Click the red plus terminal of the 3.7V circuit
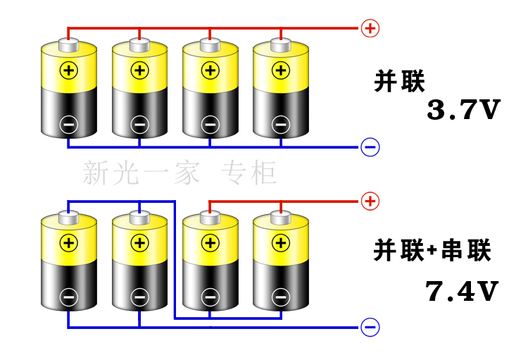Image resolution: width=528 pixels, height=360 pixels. point(370,28)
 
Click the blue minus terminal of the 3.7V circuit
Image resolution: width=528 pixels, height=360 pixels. point(370,147)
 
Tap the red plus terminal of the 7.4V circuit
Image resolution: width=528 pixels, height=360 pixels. point(370,201)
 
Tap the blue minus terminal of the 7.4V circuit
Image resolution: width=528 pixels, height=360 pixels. point(370,328)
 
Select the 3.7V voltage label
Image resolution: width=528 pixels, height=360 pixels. point(463,111)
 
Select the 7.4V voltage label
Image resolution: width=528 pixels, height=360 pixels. point(462,291)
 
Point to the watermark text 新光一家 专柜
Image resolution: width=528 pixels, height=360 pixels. point(180,173)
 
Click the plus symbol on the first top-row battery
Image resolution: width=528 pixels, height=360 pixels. point(68,70)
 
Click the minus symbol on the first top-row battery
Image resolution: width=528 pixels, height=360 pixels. point(68,125)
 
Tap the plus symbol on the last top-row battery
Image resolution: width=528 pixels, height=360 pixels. point(281,70)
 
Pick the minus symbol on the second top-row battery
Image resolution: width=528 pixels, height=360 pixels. point(139,125)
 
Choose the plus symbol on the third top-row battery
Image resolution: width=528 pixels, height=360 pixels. point(210,70)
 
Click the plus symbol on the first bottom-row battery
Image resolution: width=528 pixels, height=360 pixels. point(68,243)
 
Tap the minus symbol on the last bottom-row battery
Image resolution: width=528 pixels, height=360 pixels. point(281,297)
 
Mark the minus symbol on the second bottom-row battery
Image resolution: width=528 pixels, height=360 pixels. point(139,297)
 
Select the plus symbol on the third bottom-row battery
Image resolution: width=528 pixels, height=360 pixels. point(210,243)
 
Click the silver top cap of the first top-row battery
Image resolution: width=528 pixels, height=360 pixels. point(68,45)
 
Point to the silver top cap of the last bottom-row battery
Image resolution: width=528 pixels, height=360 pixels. point(281,218)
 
